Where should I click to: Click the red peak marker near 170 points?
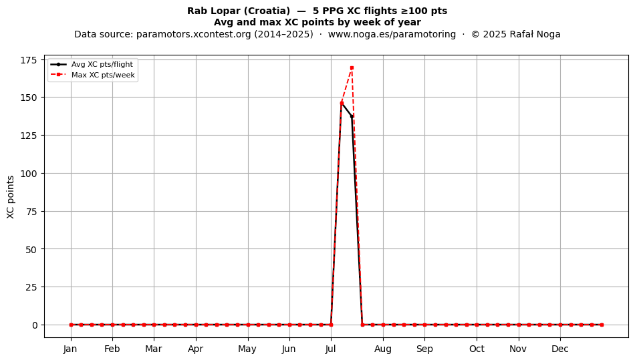coord(352,67)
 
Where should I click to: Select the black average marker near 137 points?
coord(352,117)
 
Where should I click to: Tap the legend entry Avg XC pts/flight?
coord(92,64)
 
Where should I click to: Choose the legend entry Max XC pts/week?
coord(93,75)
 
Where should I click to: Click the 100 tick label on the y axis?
coord(28,174)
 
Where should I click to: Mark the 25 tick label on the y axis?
coord(31,287)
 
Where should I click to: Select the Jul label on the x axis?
coord(331,349)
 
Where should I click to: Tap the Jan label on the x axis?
coord(70,349)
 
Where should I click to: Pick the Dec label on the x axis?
coord(560,349)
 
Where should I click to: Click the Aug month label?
coord(383,349)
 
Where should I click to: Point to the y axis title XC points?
coord(11,197)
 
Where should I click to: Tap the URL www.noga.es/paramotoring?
coord(392,34)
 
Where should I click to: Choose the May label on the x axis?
coord(247,349)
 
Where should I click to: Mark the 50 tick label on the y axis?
coord(31,250)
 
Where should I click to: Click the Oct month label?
coord(477,349)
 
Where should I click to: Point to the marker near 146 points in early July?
coord(342,103)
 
